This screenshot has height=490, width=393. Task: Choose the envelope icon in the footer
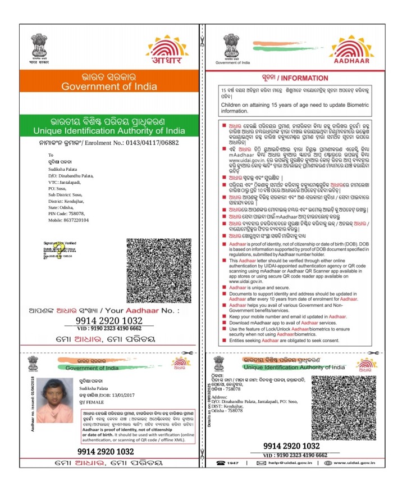click(261, 463)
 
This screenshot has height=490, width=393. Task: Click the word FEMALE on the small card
click(97, 402)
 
